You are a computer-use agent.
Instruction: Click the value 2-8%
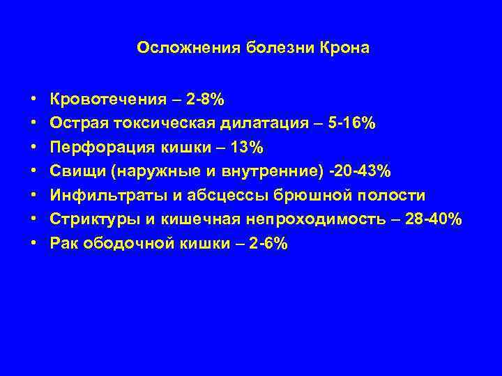205,99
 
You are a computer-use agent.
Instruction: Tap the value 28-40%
434,220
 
